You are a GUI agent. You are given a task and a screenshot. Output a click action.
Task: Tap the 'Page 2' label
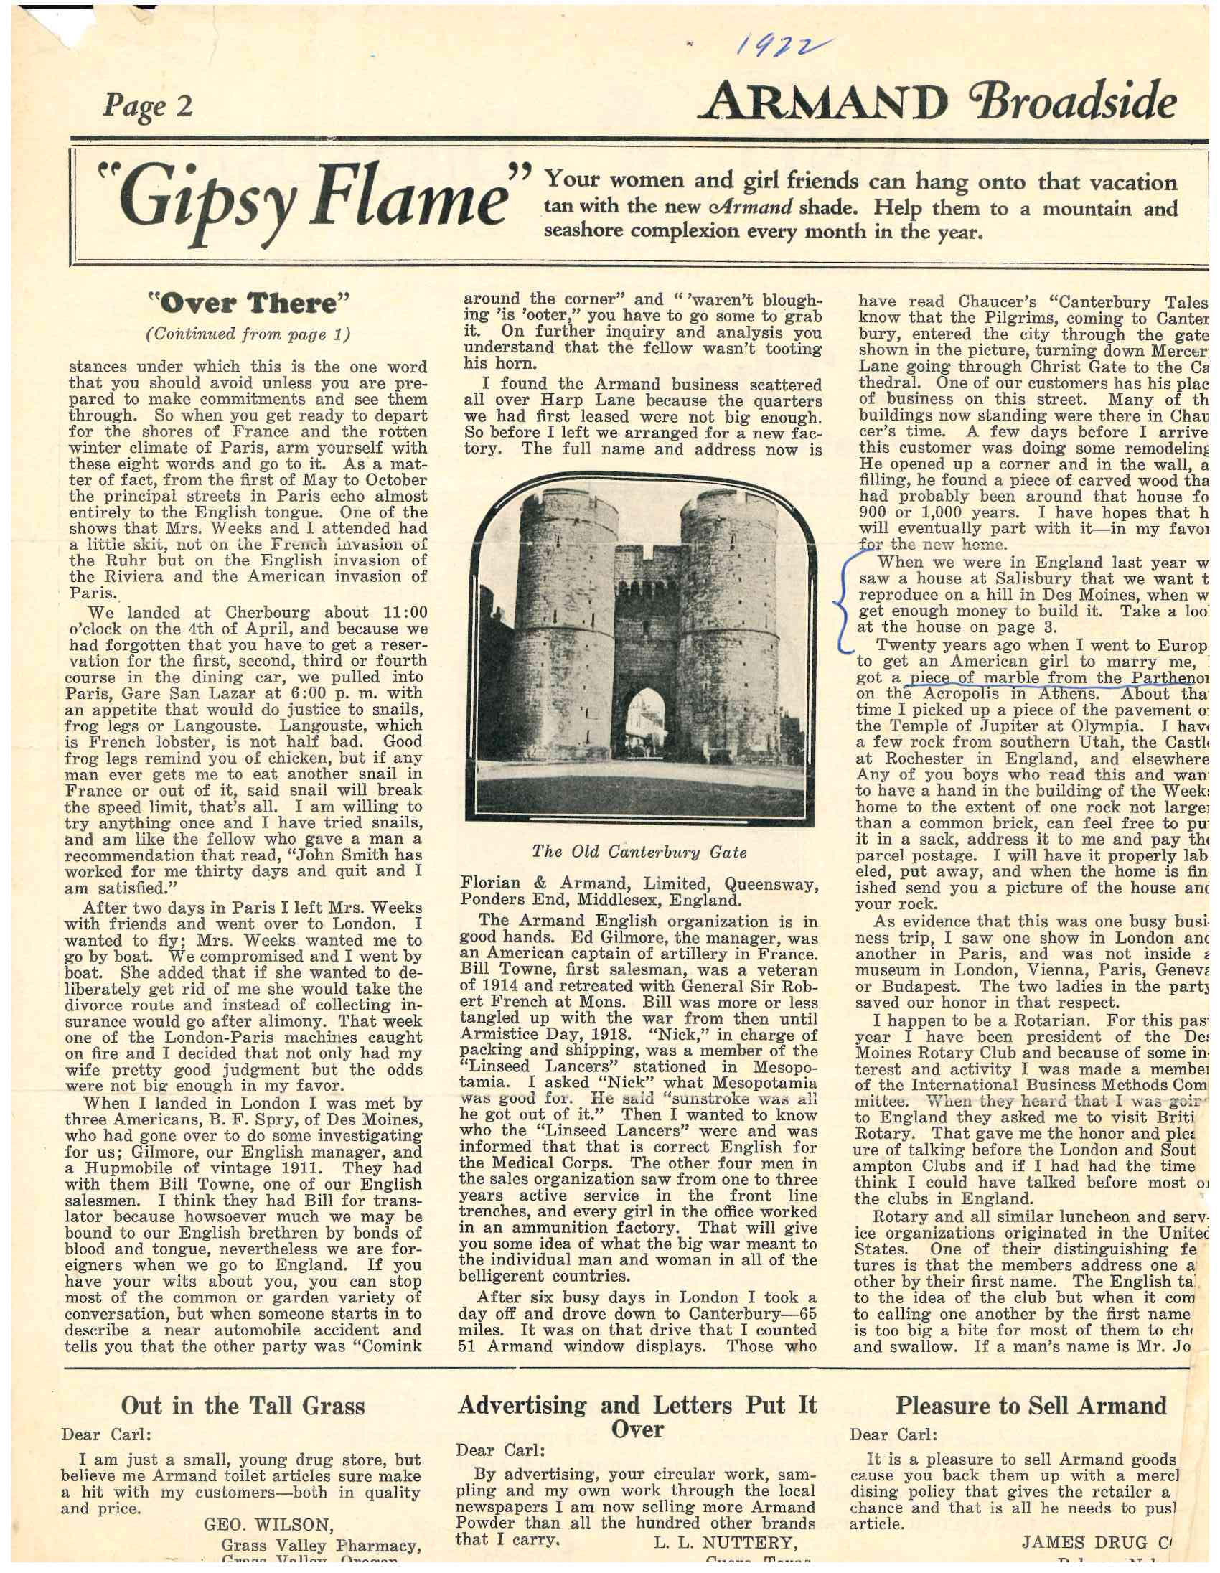coord(149,105)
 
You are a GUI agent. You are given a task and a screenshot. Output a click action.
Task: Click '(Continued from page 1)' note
coord(248,334)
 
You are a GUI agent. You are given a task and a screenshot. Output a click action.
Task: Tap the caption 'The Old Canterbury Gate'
coord(639,852)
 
